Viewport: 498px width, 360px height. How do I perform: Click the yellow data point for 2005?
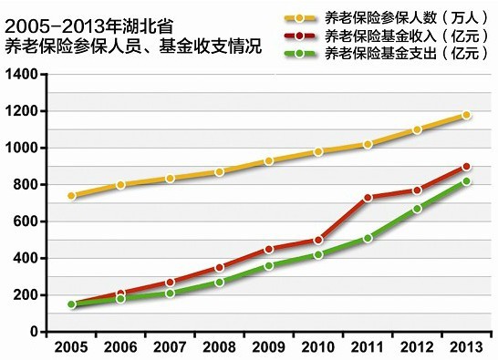(71, 196)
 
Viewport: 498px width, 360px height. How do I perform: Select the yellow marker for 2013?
(466, 115)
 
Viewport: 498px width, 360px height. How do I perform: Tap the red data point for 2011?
(368, 198)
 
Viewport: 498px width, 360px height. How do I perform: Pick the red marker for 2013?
(466, 167)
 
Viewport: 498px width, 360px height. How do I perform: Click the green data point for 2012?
(417, 209)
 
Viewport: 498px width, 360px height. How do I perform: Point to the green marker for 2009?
(269, 265)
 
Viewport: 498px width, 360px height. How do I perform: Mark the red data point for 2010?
(318, 240)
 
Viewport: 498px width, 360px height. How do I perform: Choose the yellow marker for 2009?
(269, 161)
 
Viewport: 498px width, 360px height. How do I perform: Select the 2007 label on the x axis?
(170, 348)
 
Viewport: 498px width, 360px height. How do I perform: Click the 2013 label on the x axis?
(466, 348)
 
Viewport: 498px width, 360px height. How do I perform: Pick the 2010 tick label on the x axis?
(318, 348)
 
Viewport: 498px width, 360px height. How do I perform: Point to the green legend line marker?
(301, 55)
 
